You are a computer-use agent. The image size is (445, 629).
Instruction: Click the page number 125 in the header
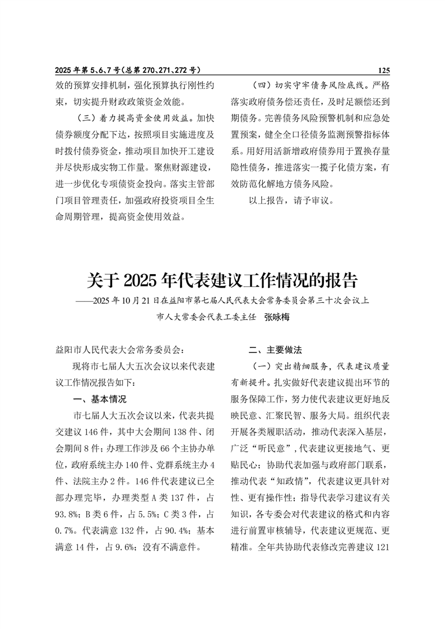[x=383, y=71]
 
